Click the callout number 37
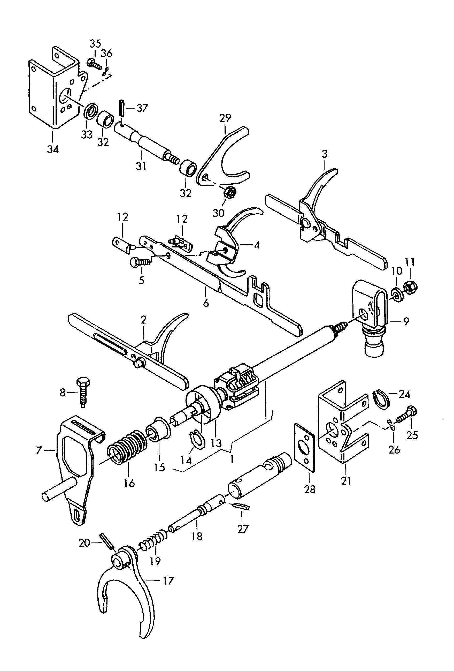click(x=142, y=108)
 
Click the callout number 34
click(x=53, y=149)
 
